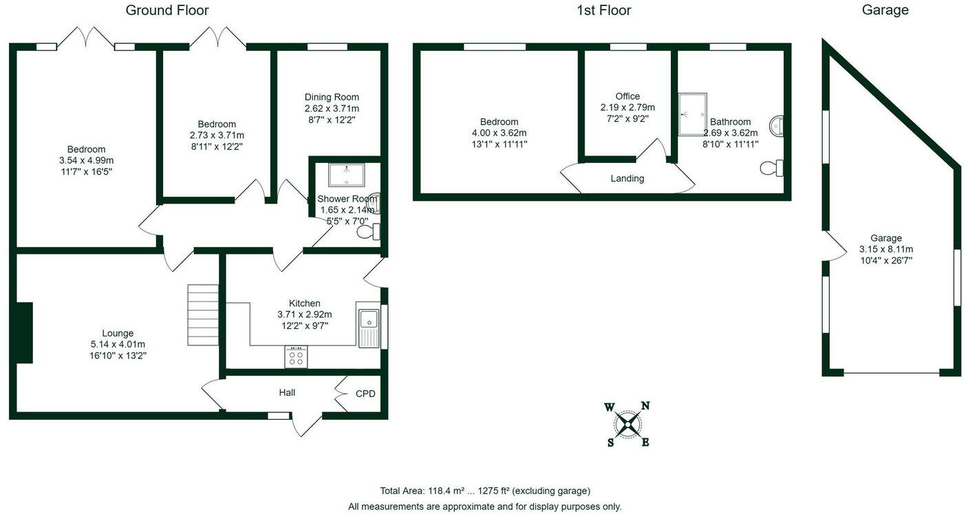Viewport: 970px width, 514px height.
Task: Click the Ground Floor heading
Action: pos(167,10)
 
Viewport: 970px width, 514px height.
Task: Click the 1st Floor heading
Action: pos(603,10)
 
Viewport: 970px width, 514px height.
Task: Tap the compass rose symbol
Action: pos(627,424)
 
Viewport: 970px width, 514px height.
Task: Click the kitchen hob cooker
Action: pos(297,356)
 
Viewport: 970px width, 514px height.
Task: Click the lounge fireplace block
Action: pos(24,332)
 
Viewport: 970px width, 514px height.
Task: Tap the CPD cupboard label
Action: pos(365,394)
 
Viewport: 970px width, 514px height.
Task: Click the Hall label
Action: pos(287,392)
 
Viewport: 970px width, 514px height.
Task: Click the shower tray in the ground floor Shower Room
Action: pos(347,175)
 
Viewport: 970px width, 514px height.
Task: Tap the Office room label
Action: pos(627,96)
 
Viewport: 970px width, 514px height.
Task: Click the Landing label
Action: pos(627,178)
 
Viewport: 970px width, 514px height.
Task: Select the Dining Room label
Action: pos(332,97)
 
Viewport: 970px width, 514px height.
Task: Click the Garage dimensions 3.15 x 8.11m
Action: pos(885,249)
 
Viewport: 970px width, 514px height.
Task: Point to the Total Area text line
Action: pos(485,491)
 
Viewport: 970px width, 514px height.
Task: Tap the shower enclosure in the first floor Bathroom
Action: pos(693,114)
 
